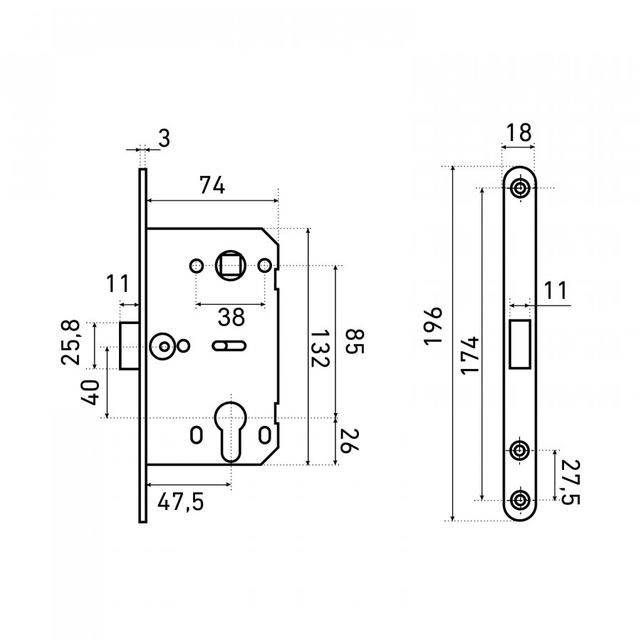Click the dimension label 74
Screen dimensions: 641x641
[212, 185]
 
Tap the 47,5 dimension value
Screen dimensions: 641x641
[181, 501]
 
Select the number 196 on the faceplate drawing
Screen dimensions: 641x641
[433, 326]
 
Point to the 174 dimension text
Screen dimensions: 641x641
[470, 355]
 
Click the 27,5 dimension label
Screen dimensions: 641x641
[570, 482]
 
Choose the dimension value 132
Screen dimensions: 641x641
[319, 349]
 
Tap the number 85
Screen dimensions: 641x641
[354, 341]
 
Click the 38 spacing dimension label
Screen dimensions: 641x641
[231, 317]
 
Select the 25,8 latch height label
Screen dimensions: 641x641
[71, 343]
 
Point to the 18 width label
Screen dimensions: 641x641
[518, 132]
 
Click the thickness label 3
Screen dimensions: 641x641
[164, 138]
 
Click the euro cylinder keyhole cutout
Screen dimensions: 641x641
[231, 430]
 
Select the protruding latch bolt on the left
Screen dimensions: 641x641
[130, 346]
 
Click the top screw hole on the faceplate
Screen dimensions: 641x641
[520, 189]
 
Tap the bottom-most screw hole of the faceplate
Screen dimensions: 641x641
[520, 499]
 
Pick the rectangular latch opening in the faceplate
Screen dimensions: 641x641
[520, 344]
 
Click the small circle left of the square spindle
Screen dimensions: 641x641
[197, 266]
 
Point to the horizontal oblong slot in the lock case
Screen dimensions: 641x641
[229, 346]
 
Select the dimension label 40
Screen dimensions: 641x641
[90, 392]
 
